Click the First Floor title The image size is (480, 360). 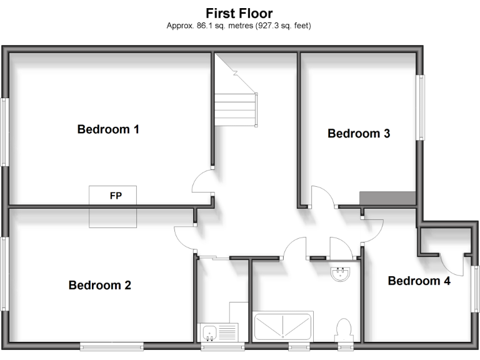click(x=239, y=12)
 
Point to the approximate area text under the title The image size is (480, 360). click(x=239, y=26)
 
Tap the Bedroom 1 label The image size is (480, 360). click(x=108, y=129)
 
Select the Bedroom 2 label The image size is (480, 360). click(x=99, y=286)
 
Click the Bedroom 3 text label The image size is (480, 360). click(x=359, y=133)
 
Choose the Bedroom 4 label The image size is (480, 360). click(x=419, y=281)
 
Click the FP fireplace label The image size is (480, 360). click(x=115, y=196)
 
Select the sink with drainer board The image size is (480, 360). click(x=218, y=331)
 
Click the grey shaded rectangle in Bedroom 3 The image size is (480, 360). click(x=387, y=197)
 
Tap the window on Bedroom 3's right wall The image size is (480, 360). click(x=421, y=107)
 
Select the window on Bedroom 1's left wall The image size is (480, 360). click(x=4, y=131)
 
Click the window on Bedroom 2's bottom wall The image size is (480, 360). click(x=112, y=346)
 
